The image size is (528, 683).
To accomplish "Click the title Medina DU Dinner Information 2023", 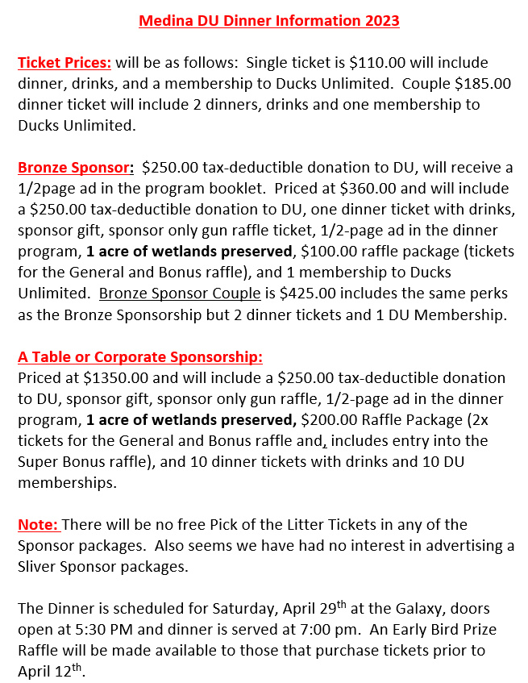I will [x=269, y=21].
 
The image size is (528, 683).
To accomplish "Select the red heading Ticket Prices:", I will [x=64, y=63].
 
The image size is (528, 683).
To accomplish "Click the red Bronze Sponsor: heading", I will [x=75, y=168].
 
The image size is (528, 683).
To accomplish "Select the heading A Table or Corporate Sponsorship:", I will [x=140, y=356].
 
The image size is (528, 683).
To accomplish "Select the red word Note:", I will [x=39, y=524].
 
